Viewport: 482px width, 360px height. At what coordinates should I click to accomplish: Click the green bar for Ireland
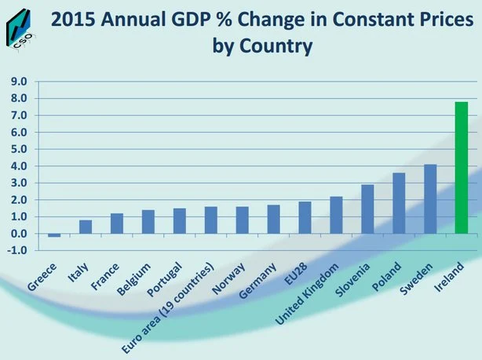[462, 168]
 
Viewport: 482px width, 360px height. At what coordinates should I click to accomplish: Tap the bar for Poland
[399, 203]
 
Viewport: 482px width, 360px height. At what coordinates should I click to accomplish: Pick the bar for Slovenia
[367, 209]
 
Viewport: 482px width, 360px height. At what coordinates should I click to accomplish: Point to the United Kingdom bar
[336, 215]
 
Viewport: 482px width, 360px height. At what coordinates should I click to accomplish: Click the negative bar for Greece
[54, 235]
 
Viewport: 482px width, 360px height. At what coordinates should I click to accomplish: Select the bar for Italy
[86, 227]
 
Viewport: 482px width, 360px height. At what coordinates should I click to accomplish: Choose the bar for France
[117, 224]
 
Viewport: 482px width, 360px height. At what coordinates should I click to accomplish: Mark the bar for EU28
[305, 218]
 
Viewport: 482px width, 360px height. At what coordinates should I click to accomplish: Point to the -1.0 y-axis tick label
[17, 250]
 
